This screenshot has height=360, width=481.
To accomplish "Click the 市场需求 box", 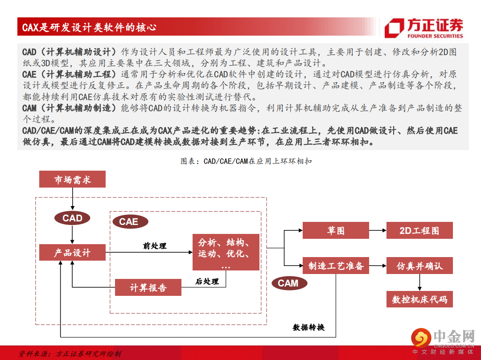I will click(72, 180).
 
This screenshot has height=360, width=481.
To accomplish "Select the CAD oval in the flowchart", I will click(72, 218).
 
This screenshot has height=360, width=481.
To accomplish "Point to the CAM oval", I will click(288, 283).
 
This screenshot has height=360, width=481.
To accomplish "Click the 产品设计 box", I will click(72, 253).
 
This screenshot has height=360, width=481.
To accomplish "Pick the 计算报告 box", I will click(148, 288).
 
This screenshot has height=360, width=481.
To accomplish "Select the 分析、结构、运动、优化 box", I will click(226, 252).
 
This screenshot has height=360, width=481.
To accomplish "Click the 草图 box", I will click(335, 230).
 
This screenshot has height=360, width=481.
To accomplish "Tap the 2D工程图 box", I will click(419, 230).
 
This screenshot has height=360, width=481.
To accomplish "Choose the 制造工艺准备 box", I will click(336, 266).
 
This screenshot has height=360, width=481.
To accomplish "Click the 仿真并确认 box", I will click(419, 266).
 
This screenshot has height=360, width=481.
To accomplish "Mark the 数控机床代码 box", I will click(419, 299).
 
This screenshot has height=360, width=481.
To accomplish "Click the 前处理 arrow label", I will click(155, 245).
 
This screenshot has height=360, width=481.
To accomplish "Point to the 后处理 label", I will click(207, 281).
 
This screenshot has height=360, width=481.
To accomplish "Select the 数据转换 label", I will click(308, 327).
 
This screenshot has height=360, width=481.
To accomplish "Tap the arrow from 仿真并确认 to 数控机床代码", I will click(419, 282).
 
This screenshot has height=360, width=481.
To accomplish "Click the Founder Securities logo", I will click(424, 28).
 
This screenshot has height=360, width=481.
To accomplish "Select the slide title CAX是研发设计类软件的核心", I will click(89, 28).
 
